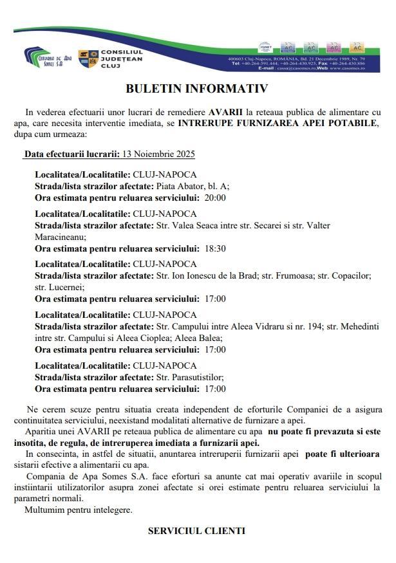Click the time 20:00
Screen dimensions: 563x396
(x=214, y=198)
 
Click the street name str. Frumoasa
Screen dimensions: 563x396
(x=286, y=275)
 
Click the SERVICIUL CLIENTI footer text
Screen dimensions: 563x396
(x=196, y=531)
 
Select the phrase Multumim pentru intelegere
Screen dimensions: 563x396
(x=78, y=510)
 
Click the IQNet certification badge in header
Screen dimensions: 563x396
(x=265, y=47)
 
